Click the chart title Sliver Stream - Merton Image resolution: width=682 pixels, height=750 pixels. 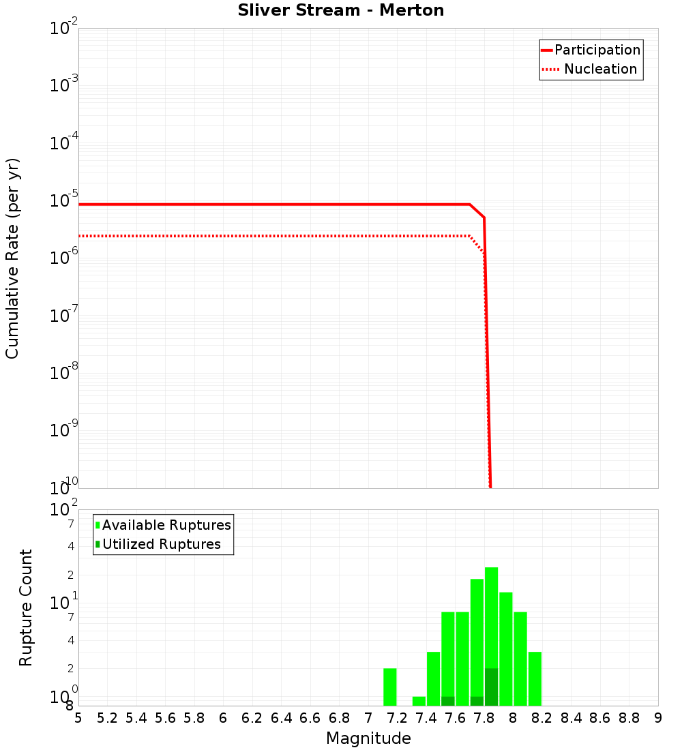tap(341, 10)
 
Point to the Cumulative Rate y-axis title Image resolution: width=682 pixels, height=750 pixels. tap(12, 258)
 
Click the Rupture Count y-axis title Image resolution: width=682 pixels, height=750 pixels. tap(26, 607)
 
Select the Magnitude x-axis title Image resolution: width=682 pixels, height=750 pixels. tap(368, 738)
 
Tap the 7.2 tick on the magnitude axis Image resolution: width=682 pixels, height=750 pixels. tap(397, 718)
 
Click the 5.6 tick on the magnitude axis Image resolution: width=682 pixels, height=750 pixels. tap(165, 718)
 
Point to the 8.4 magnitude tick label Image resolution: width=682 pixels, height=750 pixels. tap(571, 718)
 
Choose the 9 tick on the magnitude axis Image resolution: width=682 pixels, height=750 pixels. tap(658, 718)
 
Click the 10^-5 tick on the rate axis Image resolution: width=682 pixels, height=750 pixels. tap(64, 200)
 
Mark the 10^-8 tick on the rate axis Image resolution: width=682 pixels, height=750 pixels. tap(64, 373)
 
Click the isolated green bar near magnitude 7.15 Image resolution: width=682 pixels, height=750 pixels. tap(389, 687)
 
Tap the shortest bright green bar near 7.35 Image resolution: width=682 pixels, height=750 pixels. tap(419, 701)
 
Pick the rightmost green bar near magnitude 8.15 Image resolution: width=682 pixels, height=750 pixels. tap(535, 678)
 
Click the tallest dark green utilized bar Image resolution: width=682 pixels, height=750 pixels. tap(491, 687)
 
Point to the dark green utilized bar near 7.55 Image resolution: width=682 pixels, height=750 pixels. tap(447, 701)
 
